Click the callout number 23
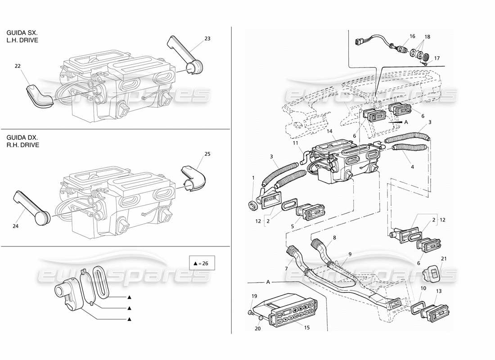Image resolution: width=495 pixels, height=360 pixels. point(207,39)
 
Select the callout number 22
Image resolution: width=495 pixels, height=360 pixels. point(18,67)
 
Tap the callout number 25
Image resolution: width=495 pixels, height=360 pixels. point(207,154)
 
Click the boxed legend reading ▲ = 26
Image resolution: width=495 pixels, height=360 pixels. point(201,263)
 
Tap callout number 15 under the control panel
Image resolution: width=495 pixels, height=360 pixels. point(307,328)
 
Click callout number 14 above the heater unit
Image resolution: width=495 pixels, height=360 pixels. point(330,131)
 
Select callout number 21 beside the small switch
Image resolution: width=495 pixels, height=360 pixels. point(444,258)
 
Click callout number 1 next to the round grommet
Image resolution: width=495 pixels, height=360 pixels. point(253,178)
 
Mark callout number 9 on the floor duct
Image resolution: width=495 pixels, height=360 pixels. point(350,254)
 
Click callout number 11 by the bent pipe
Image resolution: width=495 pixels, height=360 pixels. point(296,143)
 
